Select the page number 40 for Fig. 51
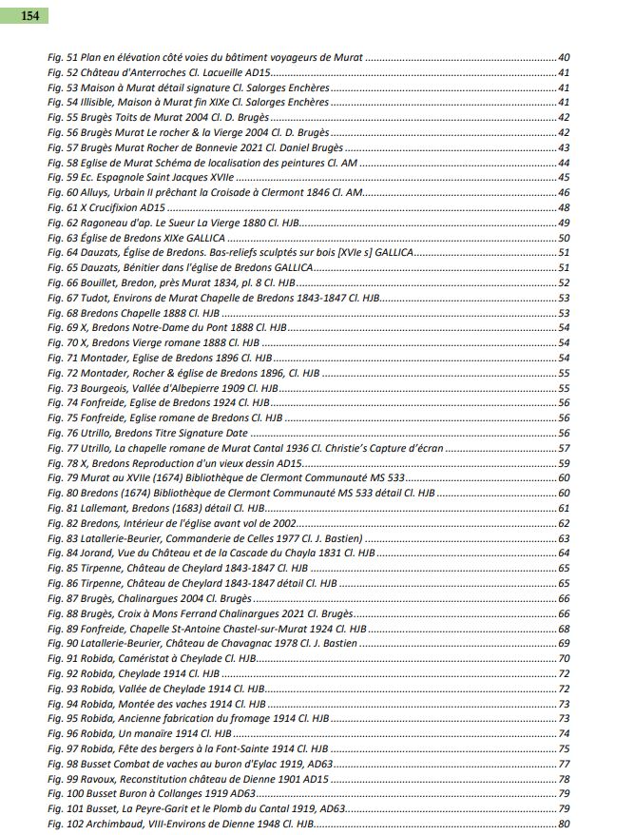point(563,59)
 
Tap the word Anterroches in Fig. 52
point(150,73)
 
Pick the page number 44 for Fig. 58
point(563,163)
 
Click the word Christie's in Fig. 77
point(355,448)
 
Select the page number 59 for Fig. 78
point(563,463)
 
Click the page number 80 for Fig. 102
point(563,824)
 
